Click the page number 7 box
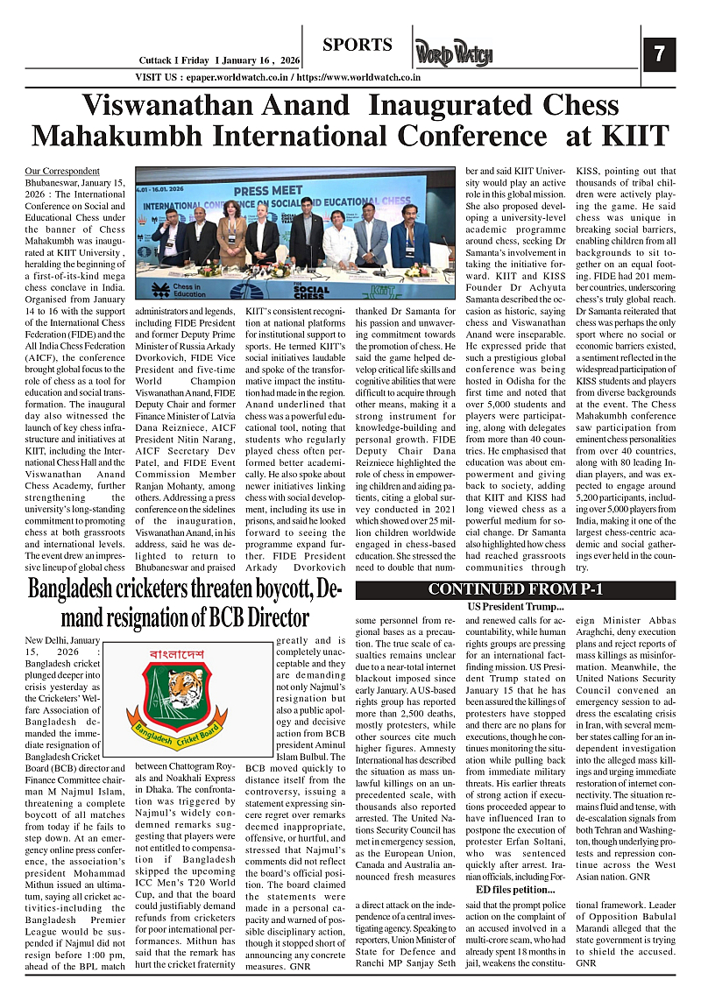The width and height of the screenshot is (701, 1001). click(x=659, y=54)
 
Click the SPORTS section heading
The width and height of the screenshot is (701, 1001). click(x=357, y=45)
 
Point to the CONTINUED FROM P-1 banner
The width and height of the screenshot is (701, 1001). click(x=515, y=589)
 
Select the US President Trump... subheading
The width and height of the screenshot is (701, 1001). click(x=515, y=607)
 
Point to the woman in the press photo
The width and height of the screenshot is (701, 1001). click(x=233, y=236)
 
